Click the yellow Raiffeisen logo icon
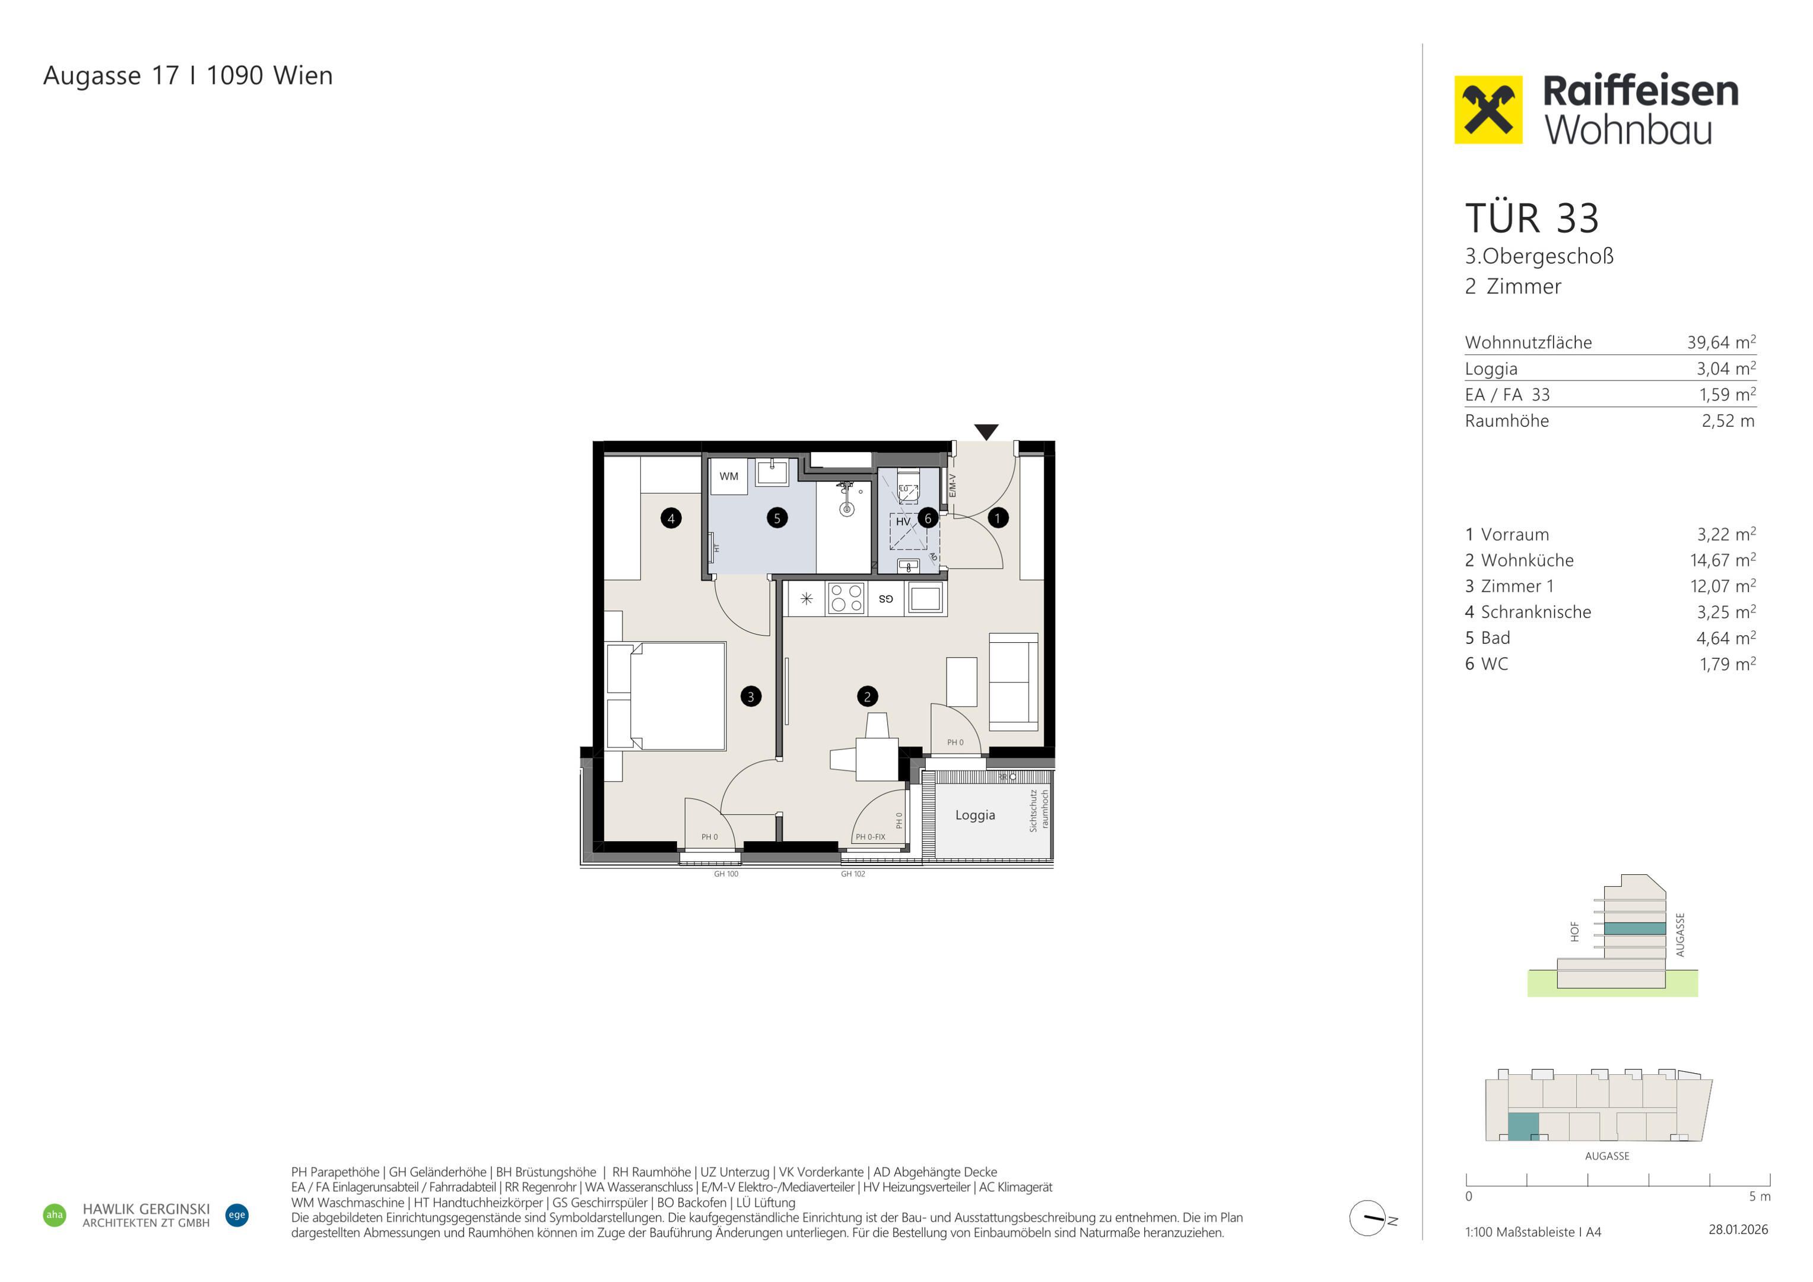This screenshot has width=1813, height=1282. pos(1488,110)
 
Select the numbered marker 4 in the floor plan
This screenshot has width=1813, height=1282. pos(671,518)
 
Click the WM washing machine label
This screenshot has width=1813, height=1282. pos(729,477)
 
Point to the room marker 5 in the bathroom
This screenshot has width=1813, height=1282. pos(777,518)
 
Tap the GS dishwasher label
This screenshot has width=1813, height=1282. pos(886,599)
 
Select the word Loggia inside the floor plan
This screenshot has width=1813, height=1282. pos(975,815)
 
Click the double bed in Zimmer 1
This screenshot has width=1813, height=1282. pos(666,696)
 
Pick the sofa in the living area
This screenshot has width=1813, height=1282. pos(1014,681)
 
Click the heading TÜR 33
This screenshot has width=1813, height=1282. pos(1532,219)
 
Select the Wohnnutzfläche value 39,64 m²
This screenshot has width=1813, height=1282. pos(1722,342)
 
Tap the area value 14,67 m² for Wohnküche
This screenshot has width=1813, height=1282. pos(1723,560)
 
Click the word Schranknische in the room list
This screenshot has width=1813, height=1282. pos(1536,612)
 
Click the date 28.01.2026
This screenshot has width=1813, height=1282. pos(1738,1230)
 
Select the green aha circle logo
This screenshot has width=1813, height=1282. pos(55,1215)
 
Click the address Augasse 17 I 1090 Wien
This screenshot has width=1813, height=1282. pos(188,76)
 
